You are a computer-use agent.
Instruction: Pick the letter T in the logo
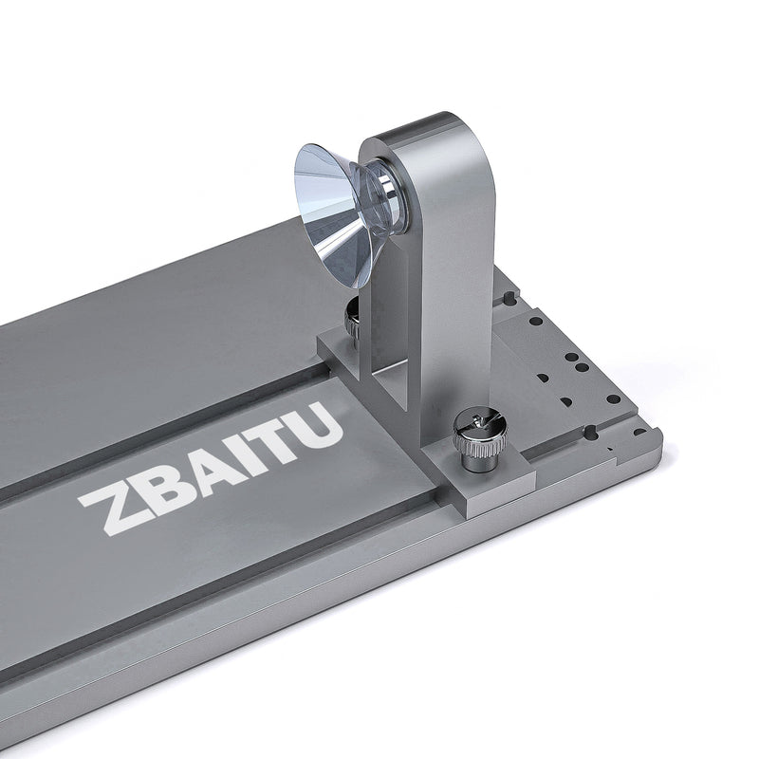(x=270, y=441)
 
